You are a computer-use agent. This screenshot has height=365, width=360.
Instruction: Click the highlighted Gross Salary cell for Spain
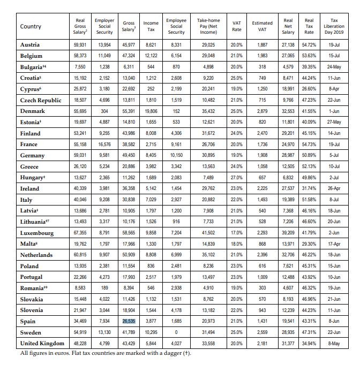pyautogui.click(x=128, y=321)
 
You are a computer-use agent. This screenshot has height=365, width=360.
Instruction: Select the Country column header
pyautogui.click(x=31, y=27)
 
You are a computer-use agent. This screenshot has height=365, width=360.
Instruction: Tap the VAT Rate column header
pyautogui.click(x=237, y=27)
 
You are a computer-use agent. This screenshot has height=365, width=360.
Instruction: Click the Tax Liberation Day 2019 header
pyautogui.click(x=334, y=26)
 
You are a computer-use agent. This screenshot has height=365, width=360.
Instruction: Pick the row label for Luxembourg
pyautogui.click(x=37, y=233)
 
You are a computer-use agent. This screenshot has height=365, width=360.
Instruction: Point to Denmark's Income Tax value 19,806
pyautogui.click(x=151, y=111)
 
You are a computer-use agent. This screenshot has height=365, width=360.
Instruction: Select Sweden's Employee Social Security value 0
pyautogui.click(x=176, y=332)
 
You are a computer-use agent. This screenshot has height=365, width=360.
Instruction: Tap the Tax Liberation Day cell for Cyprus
pyautogui.click(x=334, y=89)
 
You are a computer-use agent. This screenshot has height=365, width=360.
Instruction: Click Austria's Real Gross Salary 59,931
pyautogui.click(x=80, y=45)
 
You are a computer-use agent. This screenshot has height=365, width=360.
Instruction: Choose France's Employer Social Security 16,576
pyautogui.click(x=104, y=145)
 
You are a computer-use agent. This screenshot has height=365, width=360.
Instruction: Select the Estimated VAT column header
pyautogui.click(x=262, y=27)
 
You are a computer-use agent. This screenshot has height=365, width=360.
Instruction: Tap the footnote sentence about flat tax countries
pyautogui.click(x=105, y=353)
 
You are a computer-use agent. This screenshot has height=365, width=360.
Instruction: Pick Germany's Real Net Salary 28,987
pyautogui.click(x=288, y=155)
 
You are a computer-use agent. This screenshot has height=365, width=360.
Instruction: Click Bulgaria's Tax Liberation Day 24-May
pyautogui.click(x=334, y=67)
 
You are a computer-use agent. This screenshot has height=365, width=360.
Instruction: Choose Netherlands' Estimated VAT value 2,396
pyautogui.click(x=262, y=255)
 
